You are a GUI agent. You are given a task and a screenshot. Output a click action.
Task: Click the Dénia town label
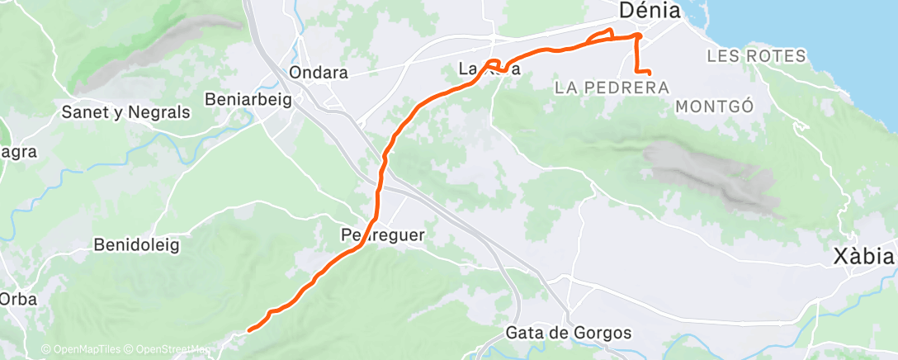click(650, 12)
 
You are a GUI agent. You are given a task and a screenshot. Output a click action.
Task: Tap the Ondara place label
click(319, 73)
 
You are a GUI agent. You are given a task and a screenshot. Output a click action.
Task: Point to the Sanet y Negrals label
click(126, 112)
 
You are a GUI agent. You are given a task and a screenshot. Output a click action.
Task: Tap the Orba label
click(18, 300)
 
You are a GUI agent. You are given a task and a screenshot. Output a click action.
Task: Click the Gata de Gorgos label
click(568, 334)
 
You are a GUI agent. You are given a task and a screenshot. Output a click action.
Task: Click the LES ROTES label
click(755, 57)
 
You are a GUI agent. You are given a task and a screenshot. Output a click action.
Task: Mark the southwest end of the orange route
click(248, 330)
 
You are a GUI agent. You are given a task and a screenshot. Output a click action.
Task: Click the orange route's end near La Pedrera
click(650, 74)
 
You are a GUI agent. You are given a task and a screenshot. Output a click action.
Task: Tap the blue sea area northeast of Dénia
click(809, 25)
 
